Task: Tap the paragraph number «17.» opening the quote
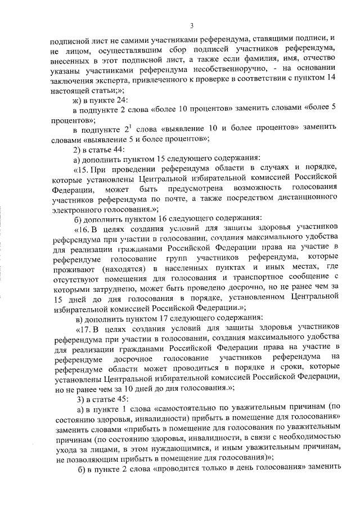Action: [x=83, y=328]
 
